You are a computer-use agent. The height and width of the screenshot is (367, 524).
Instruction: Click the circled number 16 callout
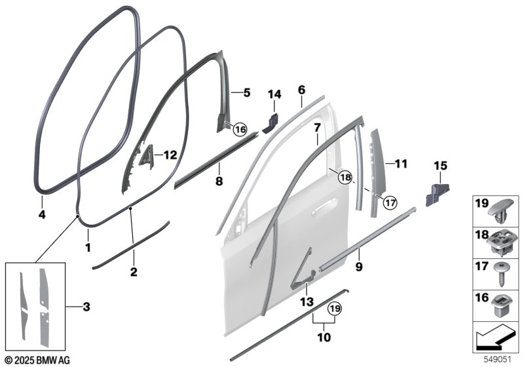(240, 129)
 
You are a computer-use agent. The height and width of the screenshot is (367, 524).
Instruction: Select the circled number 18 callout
(345, 177)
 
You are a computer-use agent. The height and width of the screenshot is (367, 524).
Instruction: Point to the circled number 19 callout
(335, 308)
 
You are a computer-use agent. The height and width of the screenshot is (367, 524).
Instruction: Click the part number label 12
(170, 155)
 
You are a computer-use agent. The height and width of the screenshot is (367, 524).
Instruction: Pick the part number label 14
(274, 94)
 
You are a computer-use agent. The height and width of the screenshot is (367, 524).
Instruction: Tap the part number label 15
(440, 165)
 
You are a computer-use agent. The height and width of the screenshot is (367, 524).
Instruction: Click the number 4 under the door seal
(42, 214)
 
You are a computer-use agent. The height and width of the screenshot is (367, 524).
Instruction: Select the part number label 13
(307, 302)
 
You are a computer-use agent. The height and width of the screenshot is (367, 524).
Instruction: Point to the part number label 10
(324, 338)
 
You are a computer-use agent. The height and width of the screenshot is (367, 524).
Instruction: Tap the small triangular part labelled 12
(147, 155)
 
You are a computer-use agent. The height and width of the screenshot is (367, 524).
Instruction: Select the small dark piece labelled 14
(271, 123)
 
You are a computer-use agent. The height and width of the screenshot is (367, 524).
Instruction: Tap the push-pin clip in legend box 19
(501, 213)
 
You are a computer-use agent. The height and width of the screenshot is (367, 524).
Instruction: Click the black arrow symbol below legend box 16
(494, 337)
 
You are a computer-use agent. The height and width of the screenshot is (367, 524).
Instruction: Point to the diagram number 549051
(498, 360)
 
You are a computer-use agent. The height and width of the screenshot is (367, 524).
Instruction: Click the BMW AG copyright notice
(38, 360)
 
